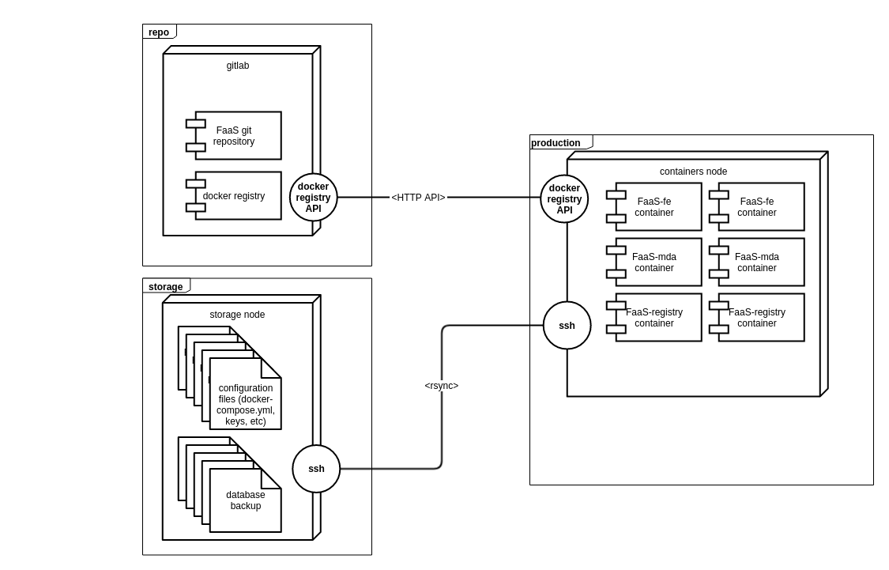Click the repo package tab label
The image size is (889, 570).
point(159,32)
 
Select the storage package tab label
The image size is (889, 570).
point(165,287)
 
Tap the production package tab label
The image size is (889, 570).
point(556,143)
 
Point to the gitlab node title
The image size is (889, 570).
point(238,66)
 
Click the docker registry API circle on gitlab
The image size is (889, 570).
point(314,198)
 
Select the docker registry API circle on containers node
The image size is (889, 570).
point(564,199)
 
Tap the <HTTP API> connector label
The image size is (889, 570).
point(418,198)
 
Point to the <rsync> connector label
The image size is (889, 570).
point(441,386)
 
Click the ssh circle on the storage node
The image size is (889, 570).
point(316,469)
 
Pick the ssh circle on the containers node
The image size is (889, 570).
point(567,326)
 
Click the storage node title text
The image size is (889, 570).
point(237,315)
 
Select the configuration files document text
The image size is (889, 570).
point(246,405)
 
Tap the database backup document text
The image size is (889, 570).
point(246,500)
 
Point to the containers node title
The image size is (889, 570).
point(693,172)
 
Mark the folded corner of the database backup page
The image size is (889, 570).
point(269,480)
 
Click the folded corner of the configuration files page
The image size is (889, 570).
point(269,369)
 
